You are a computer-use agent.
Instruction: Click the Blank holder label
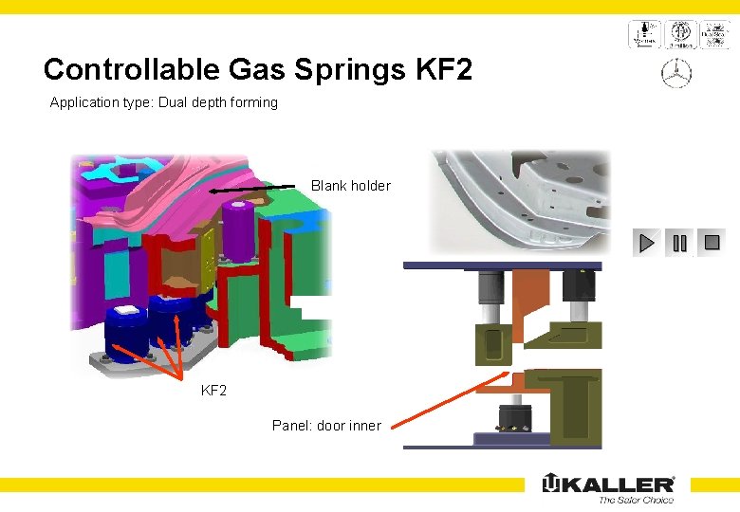point(350,186)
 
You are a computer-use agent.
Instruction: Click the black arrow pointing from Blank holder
point(251,191)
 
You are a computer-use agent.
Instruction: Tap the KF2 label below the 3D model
point(213,390)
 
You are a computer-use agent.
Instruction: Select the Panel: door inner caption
point(325,426)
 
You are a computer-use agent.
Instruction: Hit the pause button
point(679,243)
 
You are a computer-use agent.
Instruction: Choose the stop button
point(712,243)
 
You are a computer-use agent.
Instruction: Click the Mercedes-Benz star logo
point(677,74)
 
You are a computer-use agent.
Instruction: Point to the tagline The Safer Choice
point(635,500)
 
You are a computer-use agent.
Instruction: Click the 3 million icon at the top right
point(678,34)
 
